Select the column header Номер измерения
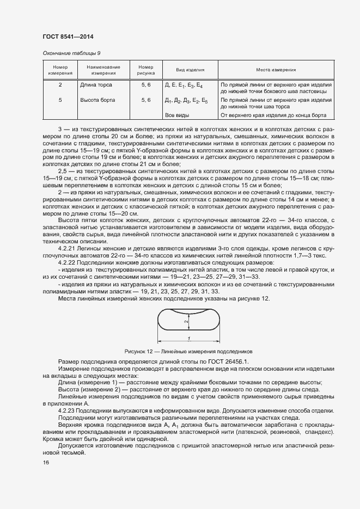tap(60, 70)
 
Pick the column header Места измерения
tap(276, 70)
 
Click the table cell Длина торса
tap(96, 85)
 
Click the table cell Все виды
tap(177, 115)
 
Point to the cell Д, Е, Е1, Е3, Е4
tap(184, 85)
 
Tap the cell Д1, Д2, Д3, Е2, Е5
tap(186, 101)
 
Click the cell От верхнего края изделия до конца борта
tap(273, 115)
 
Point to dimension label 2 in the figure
tap(186, 322)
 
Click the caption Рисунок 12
tap(188, 352)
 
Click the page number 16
tap(46, 463)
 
